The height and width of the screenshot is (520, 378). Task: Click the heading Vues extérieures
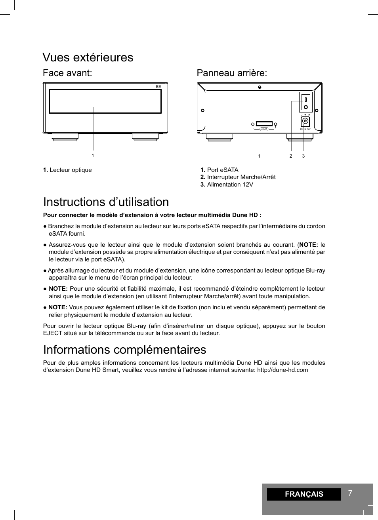point(88,57)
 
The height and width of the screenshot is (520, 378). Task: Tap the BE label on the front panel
point(158,86)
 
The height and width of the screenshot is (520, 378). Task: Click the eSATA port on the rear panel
point(264,124)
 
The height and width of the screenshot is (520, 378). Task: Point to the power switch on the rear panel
point(306,102)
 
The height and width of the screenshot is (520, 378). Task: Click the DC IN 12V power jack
point(305,121)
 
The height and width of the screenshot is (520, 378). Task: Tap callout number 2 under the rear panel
point(290,156)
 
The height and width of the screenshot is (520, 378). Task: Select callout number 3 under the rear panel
point(303,156)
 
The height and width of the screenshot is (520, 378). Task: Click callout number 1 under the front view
point(93,156)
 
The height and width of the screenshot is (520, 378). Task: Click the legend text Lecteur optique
point(71,170)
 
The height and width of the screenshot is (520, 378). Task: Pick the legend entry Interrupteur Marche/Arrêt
point(241,177)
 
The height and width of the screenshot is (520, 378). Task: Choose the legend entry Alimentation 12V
point(230,185)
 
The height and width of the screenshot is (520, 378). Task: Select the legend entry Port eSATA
point(222,170)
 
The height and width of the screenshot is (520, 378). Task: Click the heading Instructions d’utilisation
point(106,202)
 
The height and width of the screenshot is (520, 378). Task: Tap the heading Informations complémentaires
point(124,350)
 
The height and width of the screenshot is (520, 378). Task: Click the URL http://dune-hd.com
point(282,370)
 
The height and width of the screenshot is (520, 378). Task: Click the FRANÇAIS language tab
point(304,494)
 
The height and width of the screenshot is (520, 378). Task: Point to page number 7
point(350,493)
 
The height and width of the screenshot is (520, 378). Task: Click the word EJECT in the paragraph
point(52,333)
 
